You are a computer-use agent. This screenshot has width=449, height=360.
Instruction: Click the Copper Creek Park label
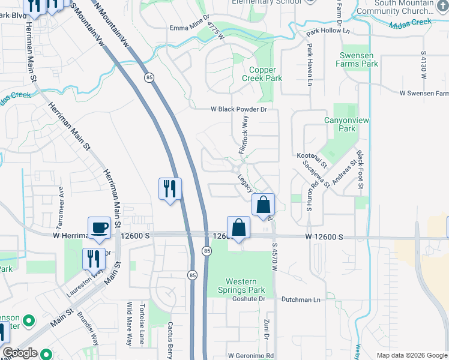coord(262,74)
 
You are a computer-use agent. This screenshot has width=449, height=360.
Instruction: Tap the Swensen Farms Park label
coord(357,59)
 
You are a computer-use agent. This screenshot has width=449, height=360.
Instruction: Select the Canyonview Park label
coord(340,124)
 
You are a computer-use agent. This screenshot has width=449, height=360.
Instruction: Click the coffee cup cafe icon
coord(99,227)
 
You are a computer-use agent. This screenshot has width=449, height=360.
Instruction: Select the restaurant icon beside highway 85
coord(170,189)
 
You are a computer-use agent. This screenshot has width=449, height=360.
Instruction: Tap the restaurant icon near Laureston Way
coord(93,259)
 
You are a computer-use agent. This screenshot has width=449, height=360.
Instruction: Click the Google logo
coord(20,353)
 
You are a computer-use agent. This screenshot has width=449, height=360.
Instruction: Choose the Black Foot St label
coord(360,170)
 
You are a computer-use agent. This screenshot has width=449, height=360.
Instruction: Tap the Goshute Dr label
coord(249,298)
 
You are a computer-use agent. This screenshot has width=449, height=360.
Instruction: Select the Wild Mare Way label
coord(128,323)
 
